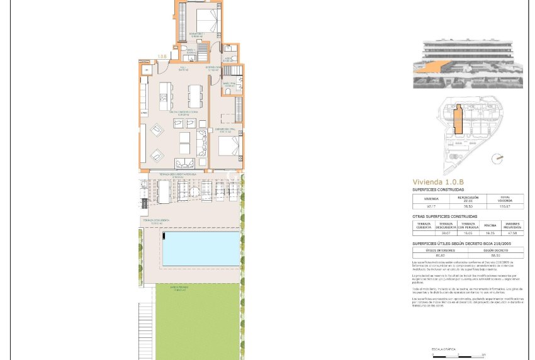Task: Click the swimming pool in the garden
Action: point(201,249)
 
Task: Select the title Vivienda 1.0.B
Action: point(437,183)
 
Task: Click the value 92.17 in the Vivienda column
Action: point(431,206)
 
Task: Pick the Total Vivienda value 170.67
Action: point(505,206)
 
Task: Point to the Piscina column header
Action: point(490,225)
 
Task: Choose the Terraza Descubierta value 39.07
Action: point(446,232)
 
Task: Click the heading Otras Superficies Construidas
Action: point(445,217)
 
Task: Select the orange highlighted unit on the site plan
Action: point(459,120)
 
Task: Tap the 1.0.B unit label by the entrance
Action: point(162,57)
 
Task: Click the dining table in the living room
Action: point(194,95)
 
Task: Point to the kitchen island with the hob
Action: point(165,96)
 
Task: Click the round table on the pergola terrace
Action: point(206,190)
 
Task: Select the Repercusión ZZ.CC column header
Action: point(468,198)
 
